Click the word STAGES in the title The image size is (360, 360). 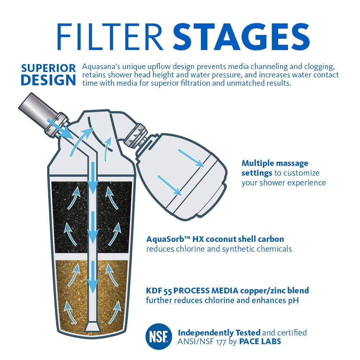(241, 37)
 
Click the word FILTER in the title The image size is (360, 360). (110, 37)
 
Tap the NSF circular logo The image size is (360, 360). (158, 336)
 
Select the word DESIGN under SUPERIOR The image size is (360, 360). (48, 80)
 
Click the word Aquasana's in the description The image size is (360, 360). (101, 67)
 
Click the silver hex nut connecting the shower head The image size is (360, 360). (135, 135)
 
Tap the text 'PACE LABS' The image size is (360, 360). (260, 341)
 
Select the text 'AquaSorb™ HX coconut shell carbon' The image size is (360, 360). (215, 239)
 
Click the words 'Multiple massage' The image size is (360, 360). (275, 163)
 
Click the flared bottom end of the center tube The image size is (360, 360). (93, 327)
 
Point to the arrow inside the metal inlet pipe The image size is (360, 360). (60, 129)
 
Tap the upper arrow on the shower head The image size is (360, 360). (191, 158)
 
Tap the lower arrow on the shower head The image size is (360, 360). (170, 185)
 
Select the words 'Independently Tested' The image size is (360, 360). (219, 333)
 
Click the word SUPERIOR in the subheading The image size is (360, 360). (48, 68)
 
